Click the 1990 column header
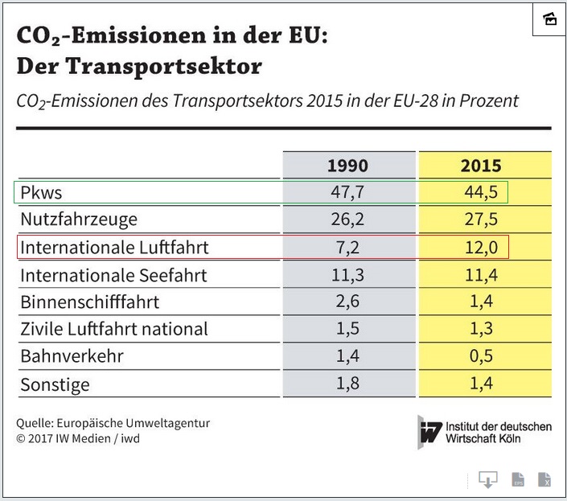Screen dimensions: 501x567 click(x=347, y=166)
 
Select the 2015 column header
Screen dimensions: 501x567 click(x=481, y=166)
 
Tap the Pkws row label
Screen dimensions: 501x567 click(x=41, y=193)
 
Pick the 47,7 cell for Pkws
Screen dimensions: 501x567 click(x=347, y=193)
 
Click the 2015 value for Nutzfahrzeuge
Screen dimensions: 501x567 click(x=481, y=220)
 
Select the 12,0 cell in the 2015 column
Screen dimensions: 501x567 click(x=481, y=248)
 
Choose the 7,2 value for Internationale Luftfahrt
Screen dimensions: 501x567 click(x=347, y=248)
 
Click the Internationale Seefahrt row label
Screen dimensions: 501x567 click(x=113, y=275)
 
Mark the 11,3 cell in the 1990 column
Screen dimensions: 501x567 click(x=347, y=275)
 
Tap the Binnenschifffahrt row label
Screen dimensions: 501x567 click(x=89, y=302)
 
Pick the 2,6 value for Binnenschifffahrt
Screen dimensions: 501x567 click(x=347, y=302)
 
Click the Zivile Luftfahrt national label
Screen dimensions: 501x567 click(x=113, y=329)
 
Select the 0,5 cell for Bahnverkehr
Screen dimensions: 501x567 click(x=481, y=356)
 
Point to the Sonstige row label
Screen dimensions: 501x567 click(x=55, y=384)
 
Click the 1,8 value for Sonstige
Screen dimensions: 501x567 click(x=347, y=384)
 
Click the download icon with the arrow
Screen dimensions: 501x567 click(x=487, y=479)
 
